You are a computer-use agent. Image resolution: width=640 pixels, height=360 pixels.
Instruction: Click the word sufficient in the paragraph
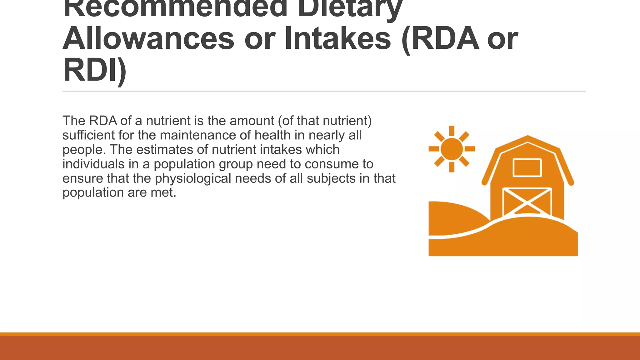pos(88,135)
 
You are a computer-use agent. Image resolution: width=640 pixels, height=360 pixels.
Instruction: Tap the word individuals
pos(90,164)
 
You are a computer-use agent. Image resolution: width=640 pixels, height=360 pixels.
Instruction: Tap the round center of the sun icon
pos(452,149)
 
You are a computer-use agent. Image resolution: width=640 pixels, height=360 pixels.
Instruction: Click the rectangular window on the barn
pos(527,168)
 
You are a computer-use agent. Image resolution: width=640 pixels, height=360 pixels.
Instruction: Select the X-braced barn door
pos(527,202)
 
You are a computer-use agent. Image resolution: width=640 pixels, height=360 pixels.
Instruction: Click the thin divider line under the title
pos(324,91)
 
